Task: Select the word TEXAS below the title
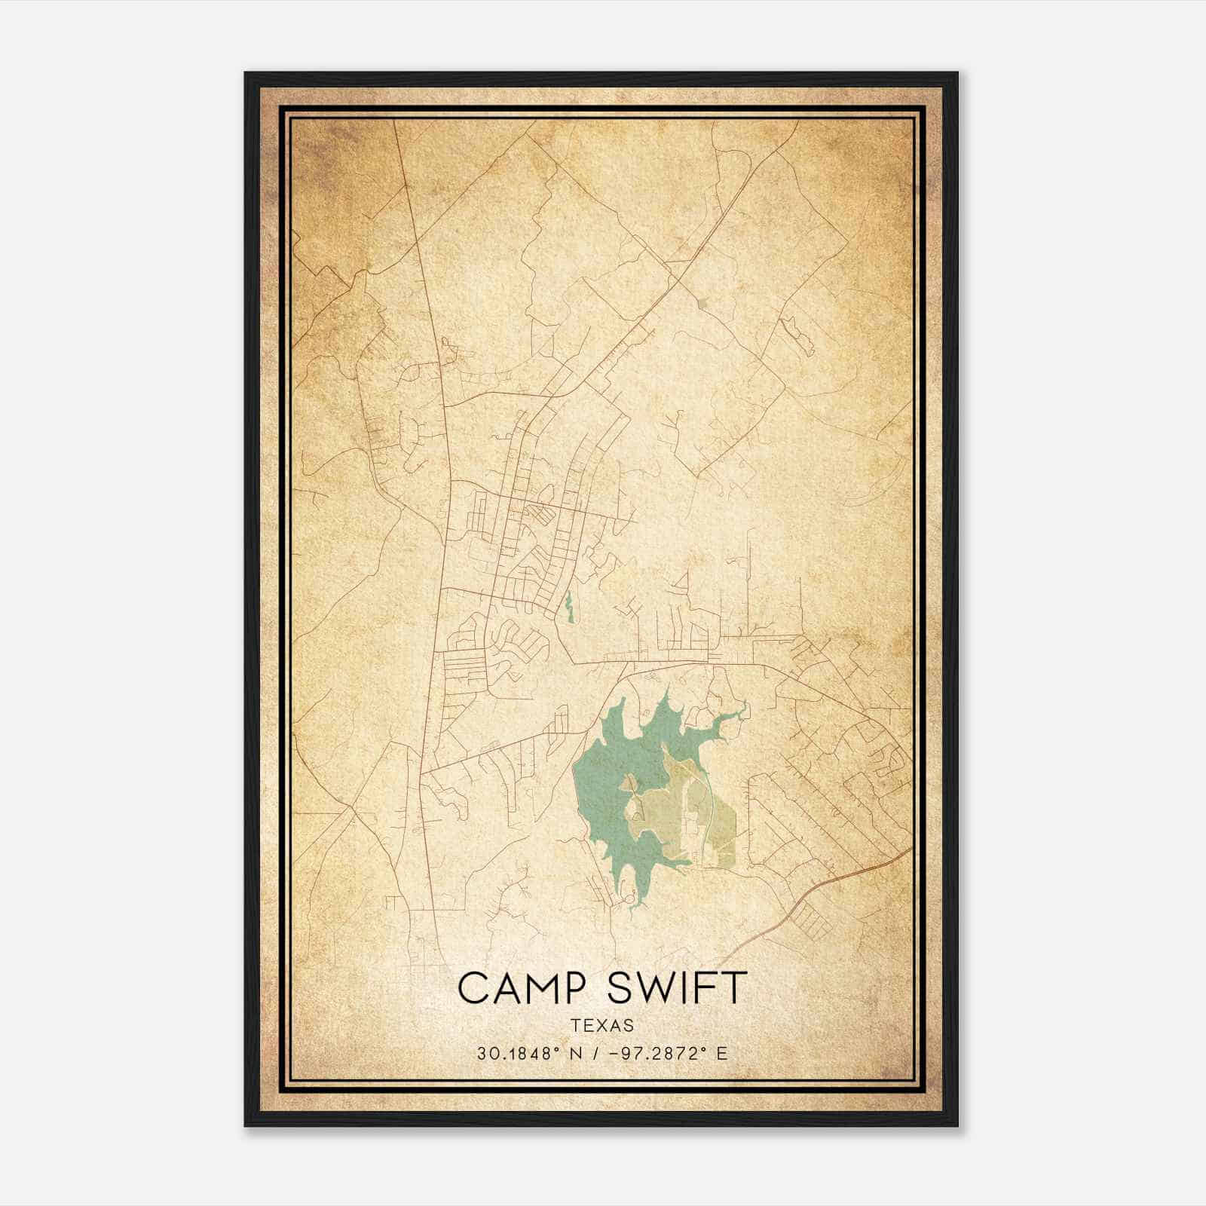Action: tap(602, 1026)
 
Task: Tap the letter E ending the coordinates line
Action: tap(722, 1054)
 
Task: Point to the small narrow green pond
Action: tap(568, 607)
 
